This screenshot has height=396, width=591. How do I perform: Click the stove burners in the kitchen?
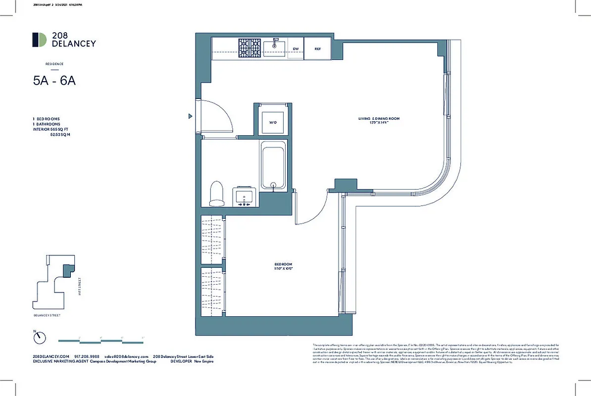(x=249, y=49)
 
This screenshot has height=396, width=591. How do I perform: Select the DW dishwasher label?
(x=295, y=49)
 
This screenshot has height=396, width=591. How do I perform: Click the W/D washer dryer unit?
(x=273, y=122)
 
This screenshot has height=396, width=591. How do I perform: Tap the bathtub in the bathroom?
(x=273, y=166)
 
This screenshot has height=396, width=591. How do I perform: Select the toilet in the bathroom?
(x=217, y=193)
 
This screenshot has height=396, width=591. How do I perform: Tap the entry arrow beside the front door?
(x=190, y=116)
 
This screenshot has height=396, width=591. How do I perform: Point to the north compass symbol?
(x=39, y=338)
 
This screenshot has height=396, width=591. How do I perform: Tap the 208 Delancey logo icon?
(x=39, y=40)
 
